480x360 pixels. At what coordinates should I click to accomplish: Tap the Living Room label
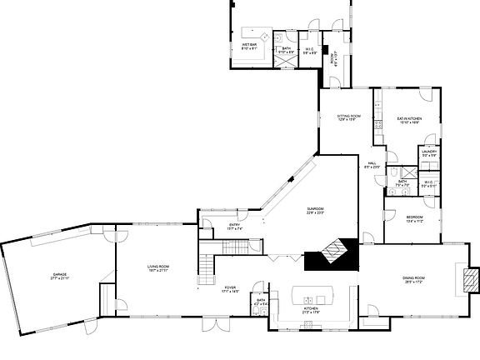click(x=158, y=267)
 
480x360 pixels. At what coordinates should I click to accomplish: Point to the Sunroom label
click(x=315, y=209)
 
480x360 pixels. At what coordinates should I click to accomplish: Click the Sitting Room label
click(x=348, y=116)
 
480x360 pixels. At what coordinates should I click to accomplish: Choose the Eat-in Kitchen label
click(x=409, y=119)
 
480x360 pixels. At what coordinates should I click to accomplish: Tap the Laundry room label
click(x=429, y=151)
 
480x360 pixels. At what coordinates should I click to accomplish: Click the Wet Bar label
click(x=249, y=44)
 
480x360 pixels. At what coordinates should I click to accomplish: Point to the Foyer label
click(x=231, y=287)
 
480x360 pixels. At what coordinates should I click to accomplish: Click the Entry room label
click(x=235, y=225)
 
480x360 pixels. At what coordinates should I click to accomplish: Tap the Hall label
click(x=372, y=163)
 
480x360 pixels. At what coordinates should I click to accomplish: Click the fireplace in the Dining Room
click(x=472, y=279)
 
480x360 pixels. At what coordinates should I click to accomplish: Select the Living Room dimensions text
click(x=158, y=271)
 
